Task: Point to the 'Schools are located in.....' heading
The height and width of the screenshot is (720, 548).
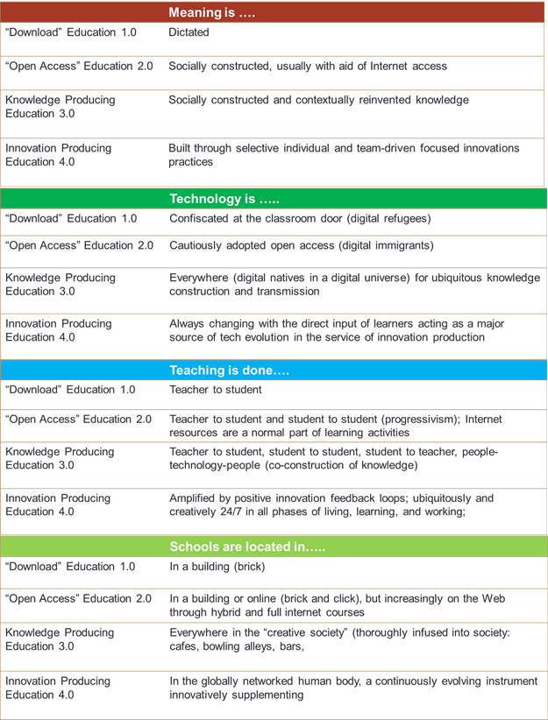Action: (247, 547)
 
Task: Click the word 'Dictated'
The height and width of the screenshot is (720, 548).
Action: (189, 32)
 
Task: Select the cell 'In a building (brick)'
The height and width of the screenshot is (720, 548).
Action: (217, 567)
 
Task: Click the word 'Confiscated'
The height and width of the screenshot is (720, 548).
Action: (200, 218)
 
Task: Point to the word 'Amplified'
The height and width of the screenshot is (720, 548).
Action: (194, 498)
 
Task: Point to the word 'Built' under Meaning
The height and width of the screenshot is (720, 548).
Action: (181, 148)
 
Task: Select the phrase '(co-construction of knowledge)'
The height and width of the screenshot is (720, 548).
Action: (342, 464)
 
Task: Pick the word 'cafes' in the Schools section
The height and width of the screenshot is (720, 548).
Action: (183, 646)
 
